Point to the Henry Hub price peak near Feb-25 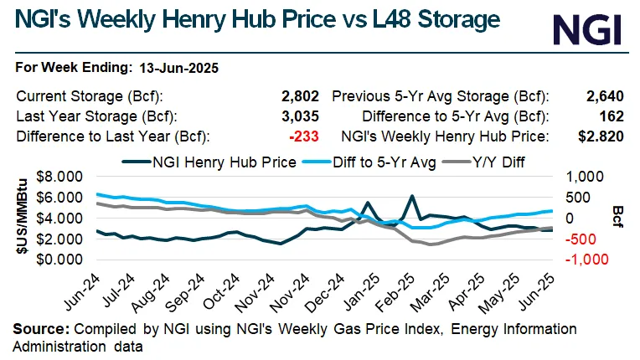tap(413, 196)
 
